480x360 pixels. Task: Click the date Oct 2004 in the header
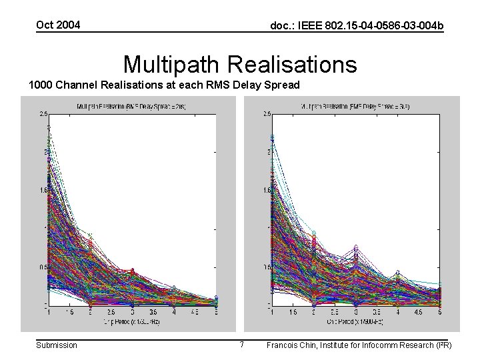pyautogui.click(x=58, y=25)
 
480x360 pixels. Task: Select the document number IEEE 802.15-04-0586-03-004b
pyautogui.click(x=356, y=26)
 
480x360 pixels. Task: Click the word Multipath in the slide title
pyautogui.click(x=172, y=65)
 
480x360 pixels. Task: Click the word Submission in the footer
pyautogui.click(x=56, y=345)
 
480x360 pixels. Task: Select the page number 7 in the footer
pyautogui.click(x=241, y=345)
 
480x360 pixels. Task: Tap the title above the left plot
pyautogui.click(x=131, y=106)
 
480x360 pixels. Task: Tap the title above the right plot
pyautogui.click(x=355, y=106)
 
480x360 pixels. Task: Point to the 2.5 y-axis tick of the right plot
pyautogui.click(x=265, y=114)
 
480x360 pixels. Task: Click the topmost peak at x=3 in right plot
pyautogui.click(x=356, y=247)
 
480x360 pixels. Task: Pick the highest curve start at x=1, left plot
pyautogui.click(x=49, y=127)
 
